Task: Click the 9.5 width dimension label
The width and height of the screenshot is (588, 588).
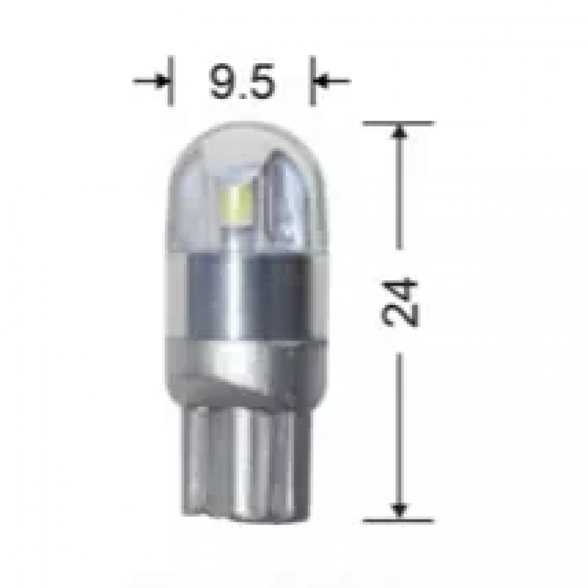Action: click(242, 81)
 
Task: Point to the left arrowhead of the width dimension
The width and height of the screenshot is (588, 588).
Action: click(163, 81)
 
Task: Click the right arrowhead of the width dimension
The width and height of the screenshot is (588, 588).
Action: click(320, 81)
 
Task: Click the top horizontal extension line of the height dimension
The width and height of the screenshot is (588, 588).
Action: click(398, 123)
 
